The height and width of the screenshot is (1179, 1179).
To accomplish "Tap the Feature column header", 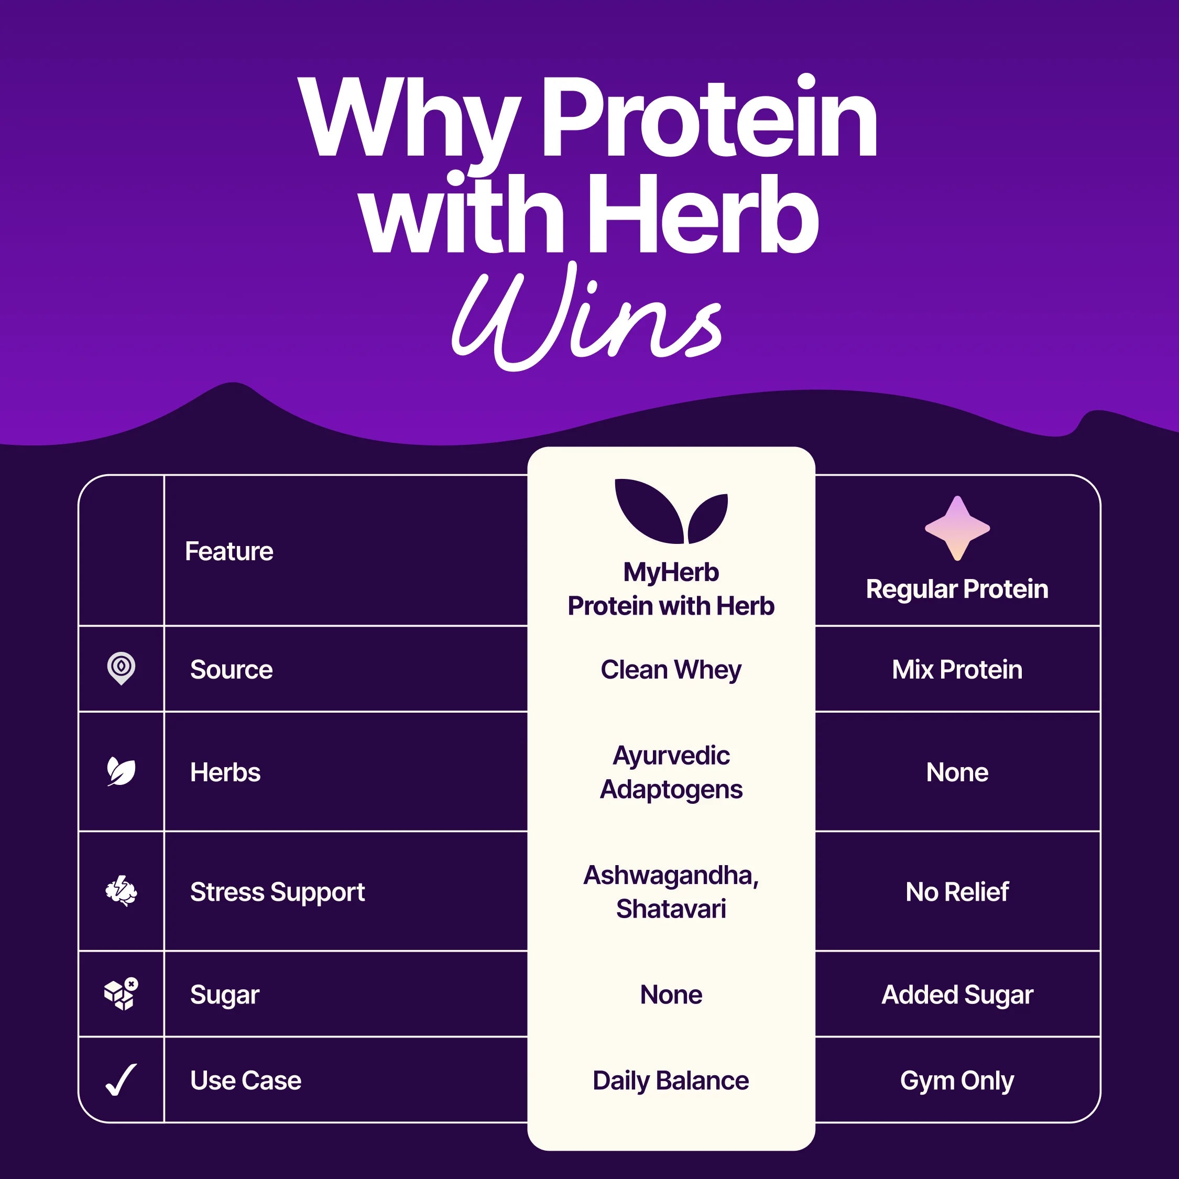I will coord(229,551).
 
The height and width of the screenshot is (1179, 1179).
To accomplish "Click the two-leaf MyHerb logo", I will coord(671,511).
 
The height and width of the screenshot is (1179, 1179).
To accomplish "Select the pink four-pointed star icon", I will coord(957,528).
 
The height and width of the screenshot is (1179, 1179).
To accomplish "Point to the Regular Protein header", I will coord(957,589).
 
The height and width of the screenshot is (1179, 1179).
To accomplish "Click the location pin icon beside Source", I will coord(121,668).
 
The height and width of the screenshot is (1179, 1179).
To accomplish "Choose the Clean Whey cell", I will coord(671,670).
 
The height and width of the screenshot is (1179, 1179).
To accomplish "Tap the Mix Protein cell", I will coord(957,670).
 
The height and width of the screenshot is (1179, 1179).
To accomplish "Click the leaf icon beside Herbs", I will coord(121,771).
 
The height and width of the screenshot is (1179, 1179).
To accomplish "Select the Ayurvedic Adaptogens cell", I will coord(671,772).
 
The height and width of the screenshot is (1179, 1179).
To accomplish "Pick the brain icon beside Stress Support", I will coord(121,891).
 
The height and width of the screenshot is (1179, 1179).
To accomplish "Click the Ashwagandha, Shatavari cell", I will coord(671,891).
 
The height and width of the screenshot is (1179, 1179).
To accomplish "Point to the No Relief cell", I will coord(957,891).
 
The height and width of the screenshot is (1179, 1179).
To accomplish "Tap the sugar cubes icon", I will coord(121,994).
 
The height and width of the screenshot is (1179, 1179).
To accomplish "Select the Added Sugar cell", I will coord(957,995).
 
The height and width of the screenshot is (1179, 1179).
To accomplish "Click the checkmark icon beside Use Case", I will coord(121,1080).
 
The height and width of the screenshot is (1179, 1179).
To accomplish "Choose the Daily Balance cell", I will coord(671,1080).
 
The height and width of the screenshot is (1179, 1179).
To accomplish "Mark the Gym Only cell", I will coord(957,1080).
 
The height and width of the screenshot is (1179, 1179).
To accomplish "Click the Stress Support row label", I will coord(277,891).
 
